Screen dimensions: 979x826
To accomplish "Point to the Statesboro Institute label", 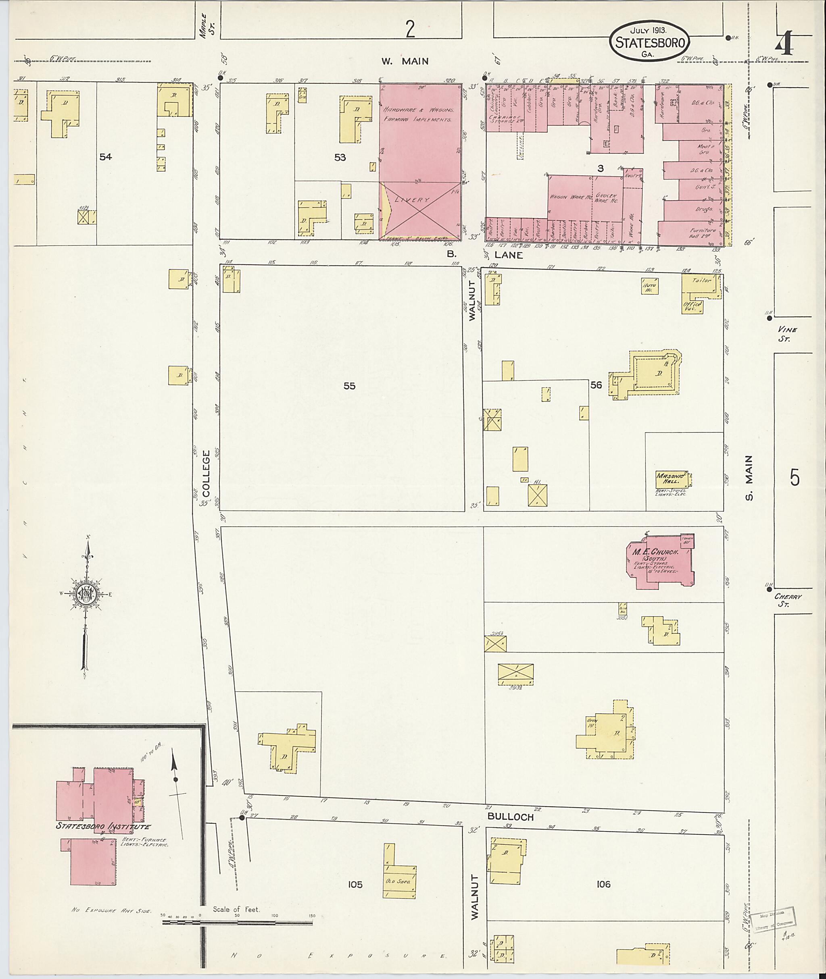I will tap(103, 826).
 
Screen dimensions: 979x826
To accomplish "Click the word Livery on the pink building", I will tap(413, 200).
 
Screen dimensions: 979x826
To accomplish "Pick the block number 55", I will tap(349, 386).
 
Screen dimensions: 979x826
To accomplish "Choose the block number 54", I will tap(106, 157).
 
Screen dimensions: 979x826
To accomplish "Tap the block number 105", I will tap(355, 884).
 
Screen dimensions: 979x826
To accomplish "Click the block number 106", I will tap(604, 884).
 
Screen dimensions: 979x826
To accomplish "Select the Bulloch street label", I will tap(510, 817).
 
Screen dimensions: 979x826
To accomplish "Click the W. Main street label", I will tap(405, 61).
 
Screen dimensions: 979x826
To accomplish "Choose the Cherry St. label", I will tap(788, 601).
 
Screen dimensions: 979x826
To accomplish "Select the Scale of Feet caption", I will tap(236, 909).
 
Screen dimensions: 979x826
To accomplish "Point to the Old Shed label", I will tap(398, 881).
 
